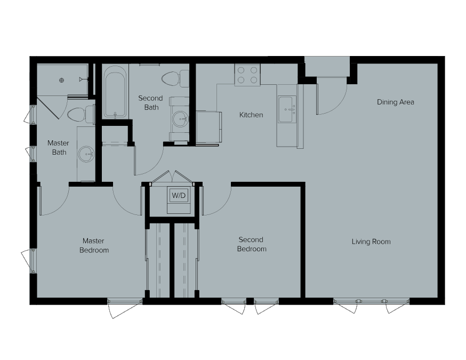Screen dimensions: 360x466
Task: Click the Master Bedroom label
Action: point(94,245)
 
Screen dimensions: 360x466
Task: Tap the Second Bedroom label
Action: point(251,244)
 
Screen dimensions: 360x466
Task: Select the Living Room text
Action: point(371,242)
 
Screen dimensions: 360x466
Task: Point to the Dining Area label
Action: point(395,102)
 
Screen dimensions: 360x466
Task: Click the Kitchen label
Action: point(251,115)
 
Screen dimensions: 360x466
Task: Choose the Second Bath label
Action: point(150,103)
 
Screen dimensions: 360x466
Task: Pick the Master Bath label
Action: point(58,148)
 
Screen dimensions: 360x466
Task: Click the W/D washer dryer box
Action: point(178,196)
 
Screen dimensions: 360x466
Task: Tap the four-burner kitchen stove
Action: point(247,75)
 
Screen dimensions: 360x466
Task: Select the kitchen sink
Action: point(287,109)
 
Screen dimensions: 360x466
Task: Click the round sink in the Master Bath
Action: point(86,155)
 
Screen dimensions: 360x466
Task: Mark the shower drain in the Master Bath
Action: point(62,81)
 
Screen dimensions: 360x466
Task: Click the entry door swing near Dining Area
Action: point(331,99)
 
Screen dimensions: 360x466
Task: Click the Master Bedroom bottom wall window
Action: point(125,302)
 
